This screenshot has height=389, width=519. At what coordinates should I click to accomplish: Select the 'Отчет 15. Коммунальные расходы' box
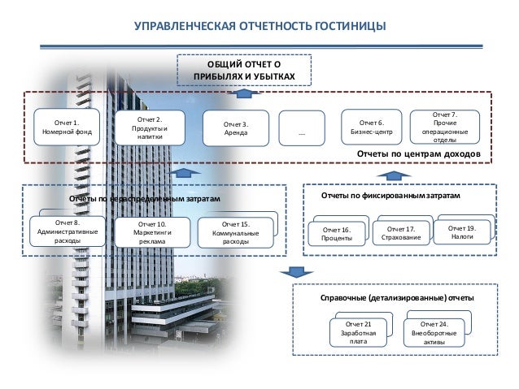(x=234, y=231)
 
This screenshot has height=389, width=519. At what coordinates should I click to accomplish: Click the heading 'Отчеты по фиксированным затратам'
(x=390, y=197)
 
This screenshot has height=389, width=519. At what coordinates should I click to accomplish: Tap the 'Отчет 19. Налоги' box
(x=462, y=232)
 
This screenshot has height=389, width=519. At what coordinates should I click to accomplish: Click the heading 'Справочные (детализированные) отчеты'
(x=398, y=299)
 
